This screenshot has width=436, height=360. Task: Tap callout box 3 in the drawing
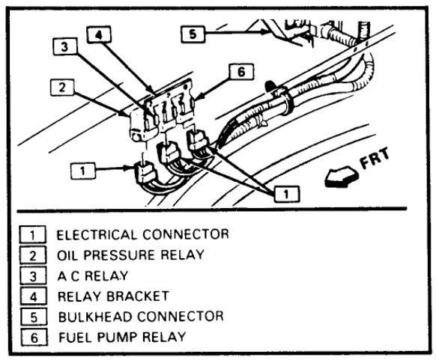[x=65, y=46]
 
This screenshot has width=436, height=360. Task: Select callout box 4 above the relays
[x=97, y=34]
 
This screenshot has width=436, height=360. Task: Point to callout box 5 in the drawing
[x=193, y=34]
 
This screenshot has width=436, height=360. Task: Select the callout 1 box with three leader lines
[x=282, y=194]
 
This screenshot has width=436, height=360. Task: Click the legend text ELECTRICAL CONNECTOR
[x=142, y=234]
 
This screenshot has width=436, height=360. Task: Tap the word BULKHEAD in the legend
[x=97, y=315]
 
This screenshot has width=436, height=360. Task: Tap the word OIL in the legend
[x=69, y=254]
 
